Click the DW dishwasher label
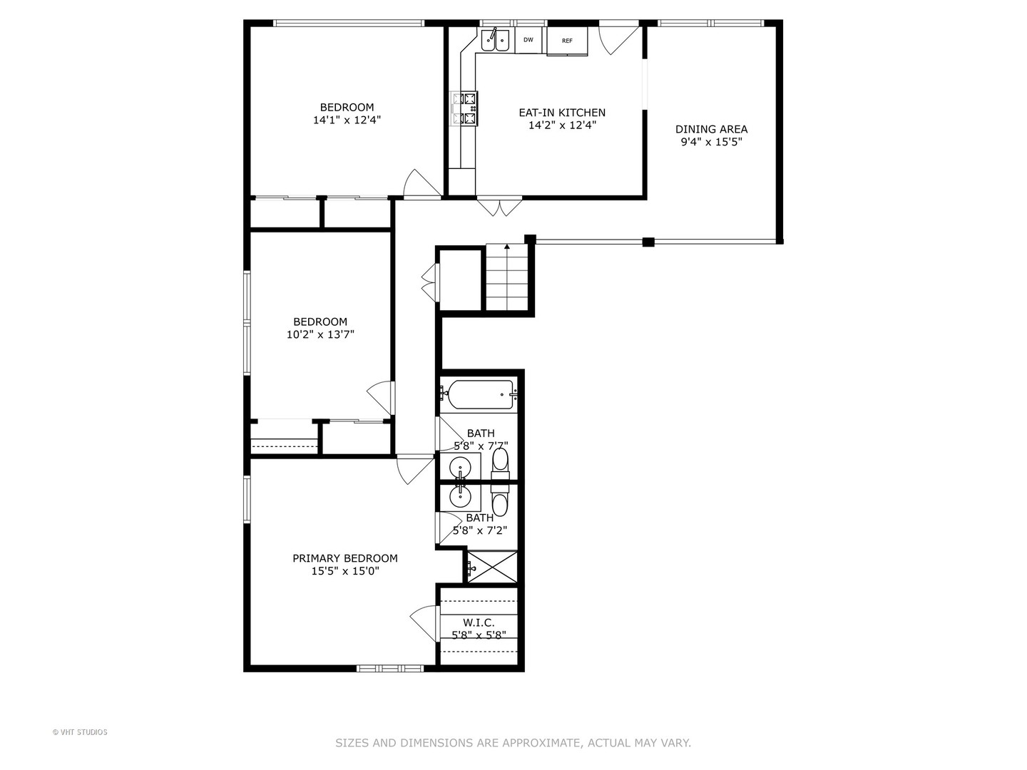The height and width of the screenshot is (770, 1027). pos(528,40)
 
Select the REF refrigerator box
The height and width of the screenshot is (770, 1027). pos(567,41)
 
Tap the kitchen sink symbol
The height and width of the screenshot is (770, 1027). pos(495,40)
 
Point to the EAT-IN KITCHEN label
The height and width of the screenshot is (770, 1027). pos(561,113)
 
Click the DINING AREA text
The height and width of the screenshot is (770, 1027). pos(711,129)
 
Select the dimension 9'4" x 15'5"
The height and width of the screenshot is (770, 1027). pos(711,142)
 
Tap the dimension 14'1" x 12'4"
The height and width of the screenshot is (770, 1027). pos(347,120)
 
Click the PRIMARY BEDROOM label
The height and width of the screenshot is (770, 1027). pos(345,558)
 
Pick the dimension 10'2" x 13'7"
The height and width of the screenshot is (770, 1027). pos(320,334)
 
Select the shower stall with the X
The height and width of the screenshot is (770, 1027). pos(491,568)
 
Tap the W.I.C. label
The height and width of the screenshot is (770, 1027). pos(479,622)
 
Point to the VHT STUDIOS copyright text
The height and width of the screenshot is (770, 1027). pos(80,732)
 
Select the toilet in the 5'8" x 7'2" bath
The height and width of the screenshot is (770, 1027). pos(501,502)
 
